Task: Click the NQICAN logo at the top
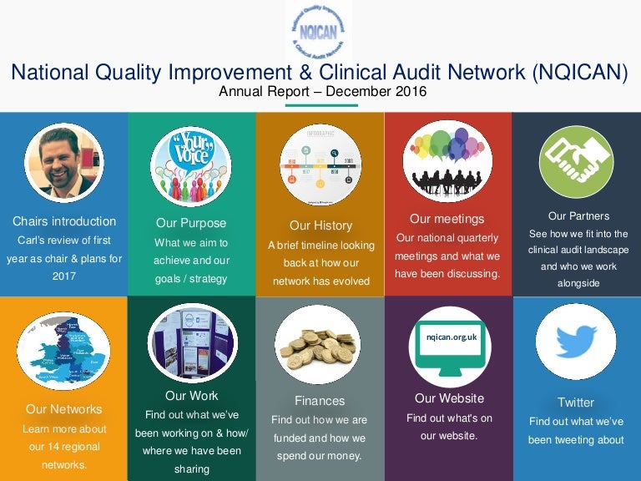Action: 318,31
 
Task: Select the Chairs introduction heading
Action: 64,221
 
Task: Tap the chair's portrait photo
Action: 64,162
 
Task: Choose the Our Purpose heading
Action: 191,223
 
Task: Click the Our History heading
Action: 320,225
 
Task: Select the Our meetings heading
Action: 447,219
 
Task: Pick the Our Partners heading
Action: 578,216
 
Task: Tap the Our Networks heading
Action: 64,409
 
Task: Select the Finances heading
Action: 320,401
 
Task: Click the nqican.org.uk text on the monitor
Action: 449,337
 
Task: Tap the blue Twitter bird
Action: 576,341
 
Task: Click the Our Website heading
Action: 449,398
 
